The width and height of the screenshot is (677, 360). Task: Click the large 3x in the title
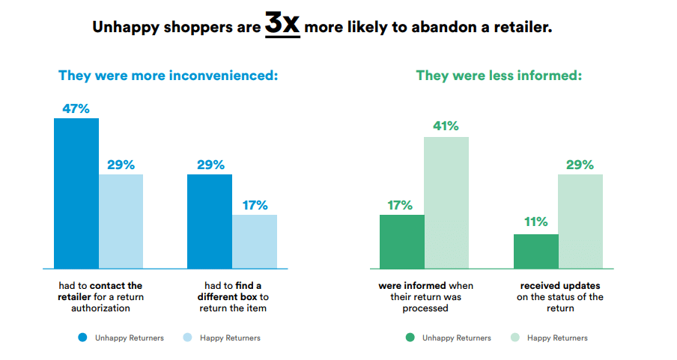282,25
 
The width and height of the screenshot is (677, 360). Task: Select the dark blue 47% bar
76,193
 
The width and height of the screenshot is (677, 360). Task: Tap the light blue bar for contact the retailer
121,222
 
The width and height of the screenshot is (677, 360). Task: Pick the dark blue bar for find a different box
210,222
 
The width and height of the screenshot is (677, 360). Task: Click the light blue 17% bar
255,242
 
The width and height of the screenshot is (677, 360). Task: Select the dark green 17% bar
402,242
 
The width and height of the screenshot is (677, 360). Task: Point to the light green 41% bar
446,203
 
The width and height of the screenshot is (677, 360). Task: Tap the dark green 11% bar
535,251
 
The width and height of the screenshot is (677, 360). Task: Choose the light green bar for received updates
580,222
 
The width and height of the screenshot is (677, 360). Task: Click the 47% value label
76,109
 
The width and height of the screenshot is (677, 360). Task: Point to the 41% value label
446,126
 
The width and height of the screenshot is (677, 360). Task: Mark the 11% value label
535,222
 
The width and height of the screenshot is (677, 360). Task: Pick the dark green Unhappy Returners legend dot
410,338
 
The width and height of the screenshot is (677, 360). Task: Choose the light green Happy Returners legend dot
514,338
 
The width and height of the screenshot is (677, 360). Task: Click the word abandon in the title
440,28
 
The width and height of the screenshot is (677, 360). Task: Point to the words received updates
560,286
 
